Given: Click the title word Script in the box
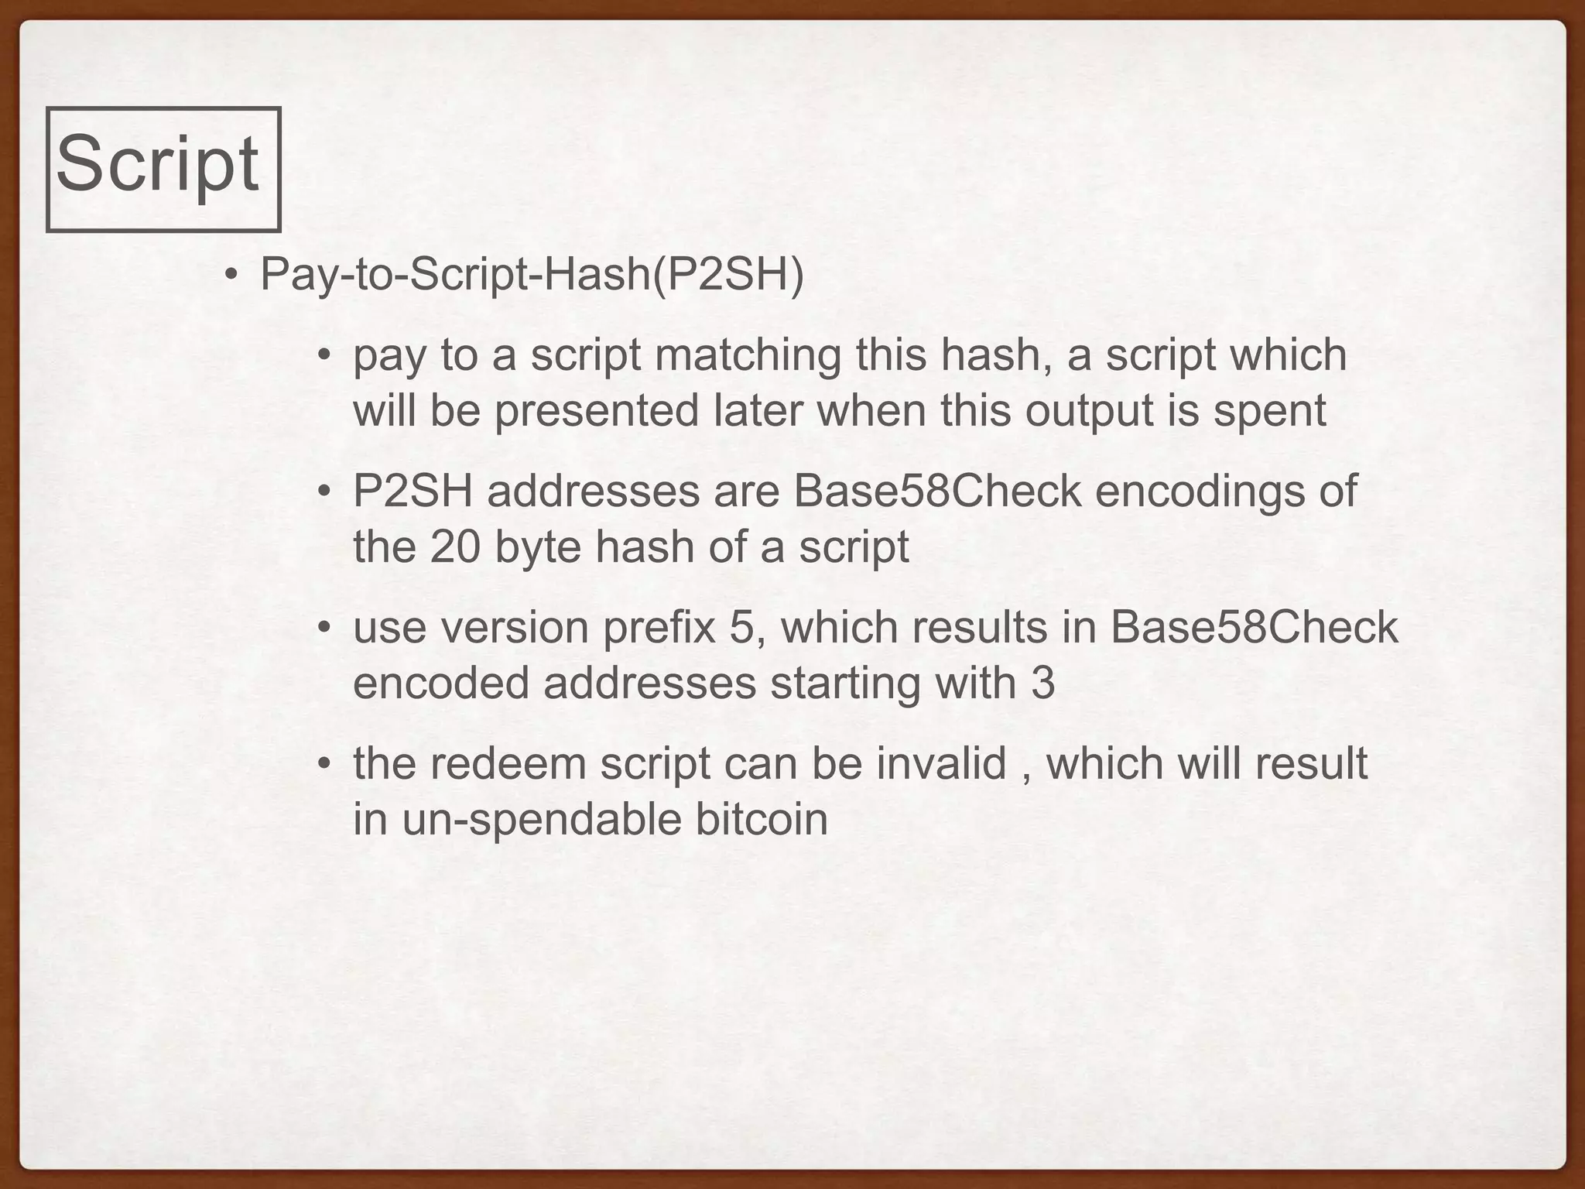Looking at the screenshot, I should tap(157, 164).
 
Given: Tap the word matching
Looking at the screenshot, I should tap(748, 355).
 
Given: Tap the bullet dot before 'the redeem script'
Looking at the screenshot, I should tap(324, 765).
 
